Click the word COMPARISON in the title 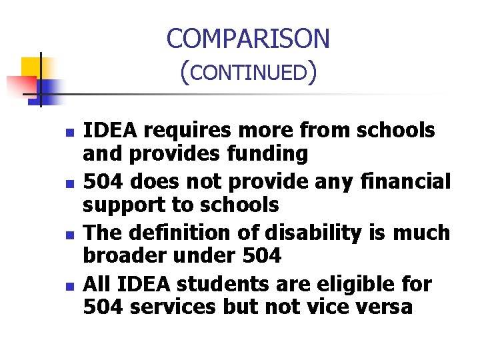click(248, 39)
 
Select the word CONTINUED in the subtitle click(247, 72)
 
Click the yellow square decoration click(31, 67)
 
